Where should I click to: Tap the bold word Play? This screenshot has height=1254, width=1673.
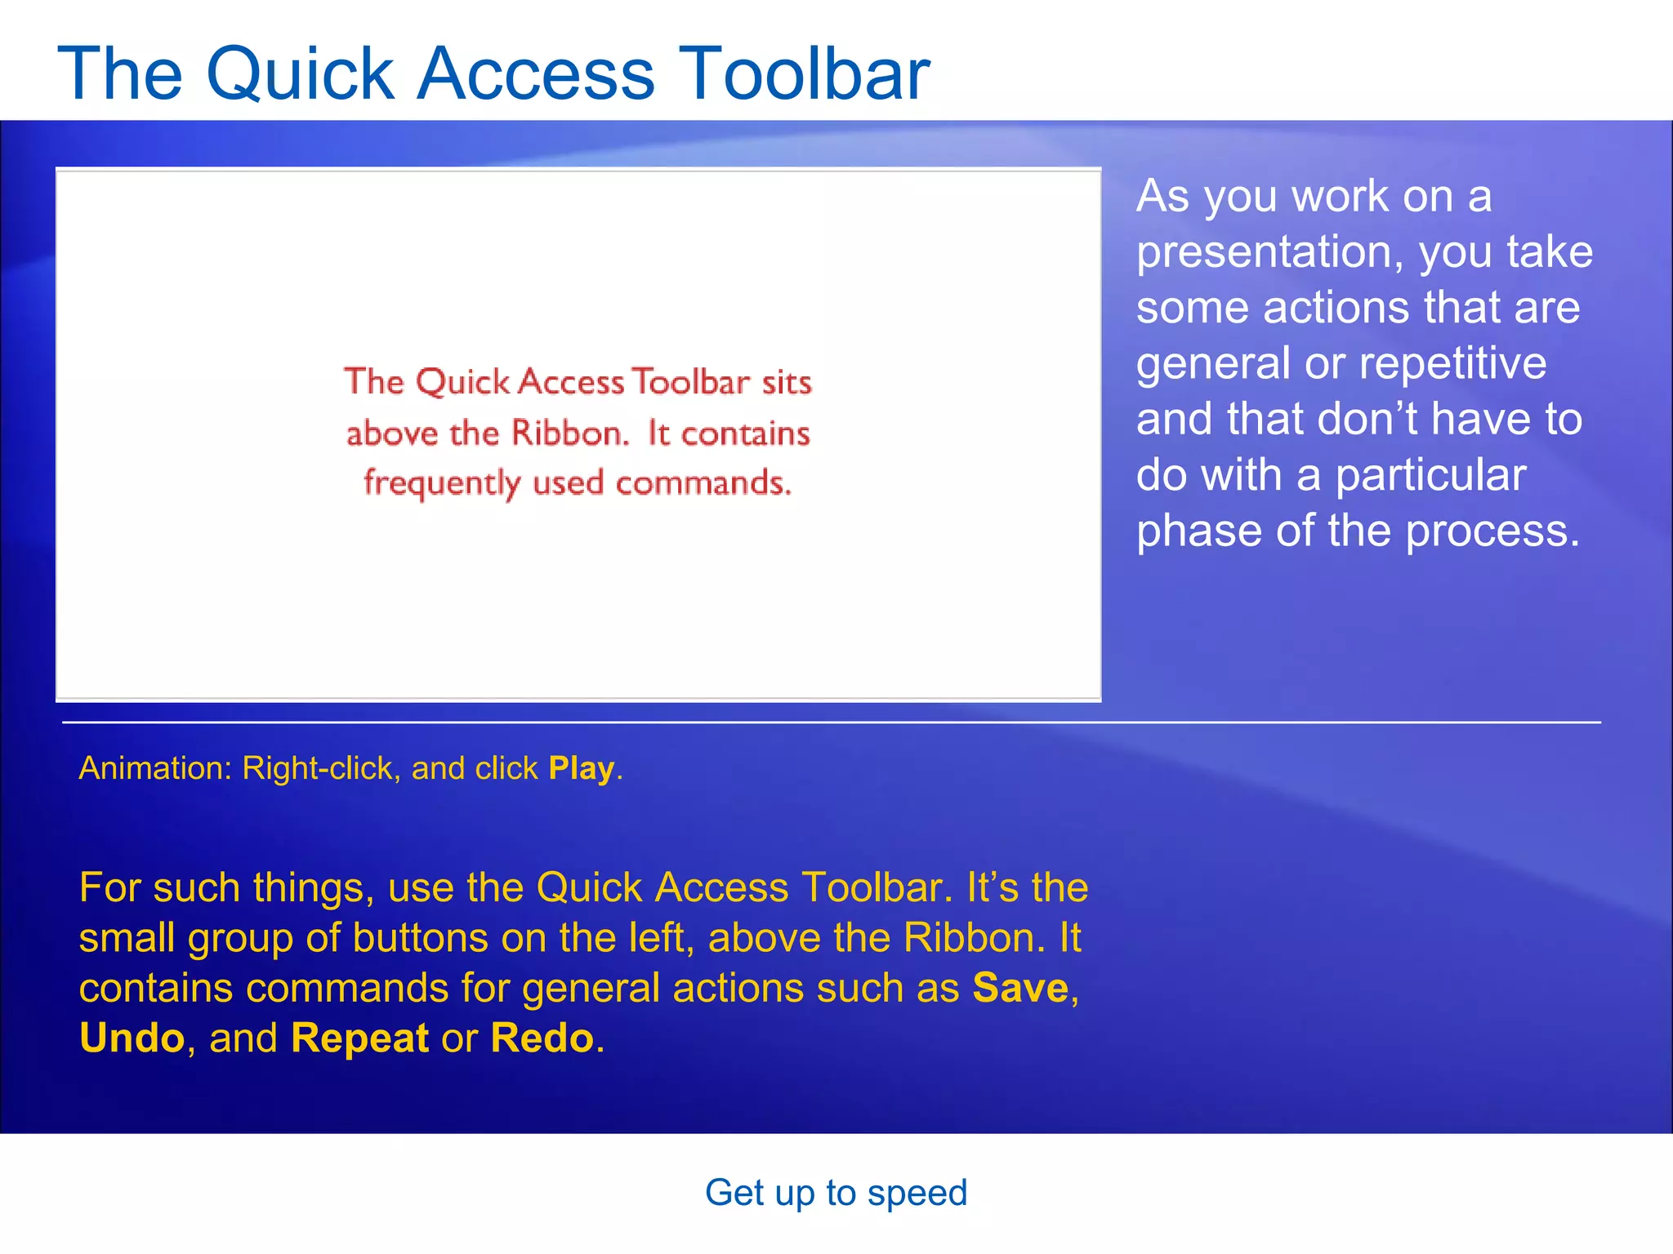click(581, 768)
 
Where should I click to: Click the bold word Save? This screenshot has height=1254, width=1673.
click(1020, 988)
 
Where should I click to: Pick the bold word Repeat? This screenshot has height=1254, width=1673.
click(359, 1038)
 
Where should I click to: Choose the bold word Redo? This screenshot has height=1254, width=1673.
click(542, 1038)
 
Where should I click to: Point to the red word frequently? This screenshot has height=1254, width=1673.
click(442, 484)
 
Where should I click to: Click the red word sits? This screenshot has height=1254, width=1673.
click(787, 382)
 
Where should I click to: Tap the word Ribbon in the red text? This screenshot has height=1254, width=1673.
click(570, 433)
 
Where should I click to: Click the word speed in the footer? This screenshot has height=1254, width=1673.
click(917, 1193)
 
